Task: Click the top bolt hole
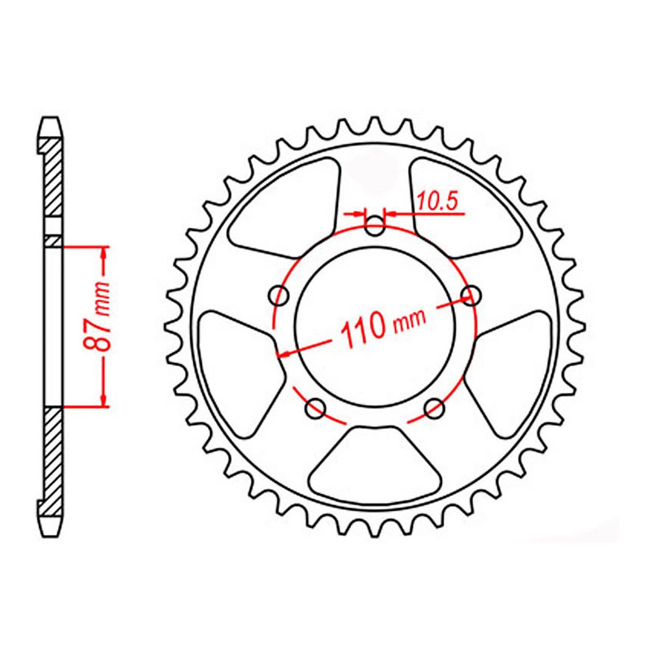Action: [374, 227]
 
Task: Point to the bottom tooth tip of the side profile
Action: [51, 534]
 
